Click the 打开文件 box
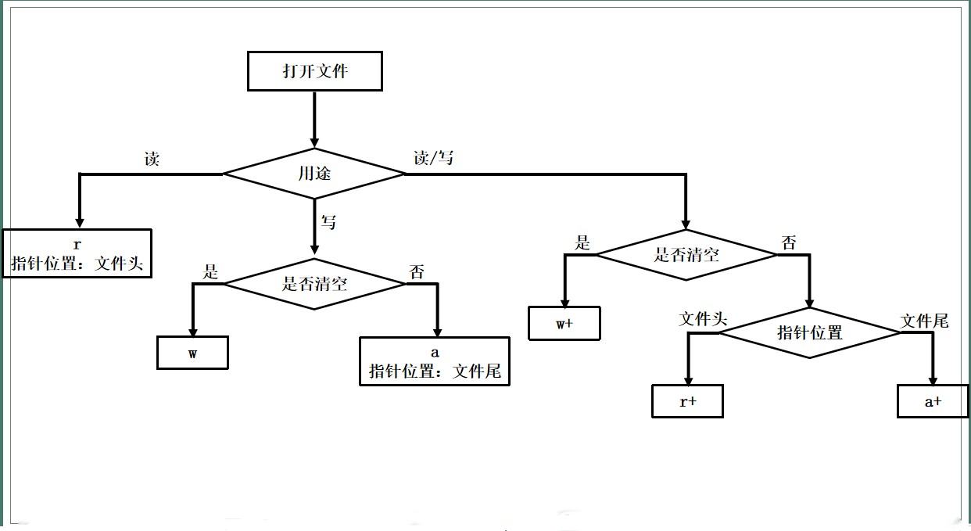tap(315, 71)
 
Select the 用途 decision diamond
tap(314, 174)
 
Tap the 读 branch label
tap(152, 160)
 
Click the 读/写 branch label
tap(433, 158)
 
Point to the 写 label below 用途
tap(329, 223)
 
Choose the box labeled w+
tap(564, 324)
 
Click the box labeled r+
tap(688, 401)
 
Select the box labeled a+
tap(933, 401)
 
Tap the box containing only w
tap(192, 352)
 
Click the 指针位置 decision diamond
tap(810, 332)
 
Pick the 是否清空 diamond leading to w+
tap(686, 254)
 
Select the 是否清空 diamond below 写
tap(314, 283)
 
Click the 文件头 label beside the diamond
tap(704, 319)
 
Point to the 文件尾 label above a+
tap(924, 321)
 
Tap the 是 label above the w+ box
tap(582, 243)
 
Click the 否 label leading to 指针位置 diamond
tap(789, 243)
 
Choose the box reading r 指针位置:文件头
tap(77, 253)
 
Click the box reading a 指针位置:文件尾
tap(435, 361)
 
